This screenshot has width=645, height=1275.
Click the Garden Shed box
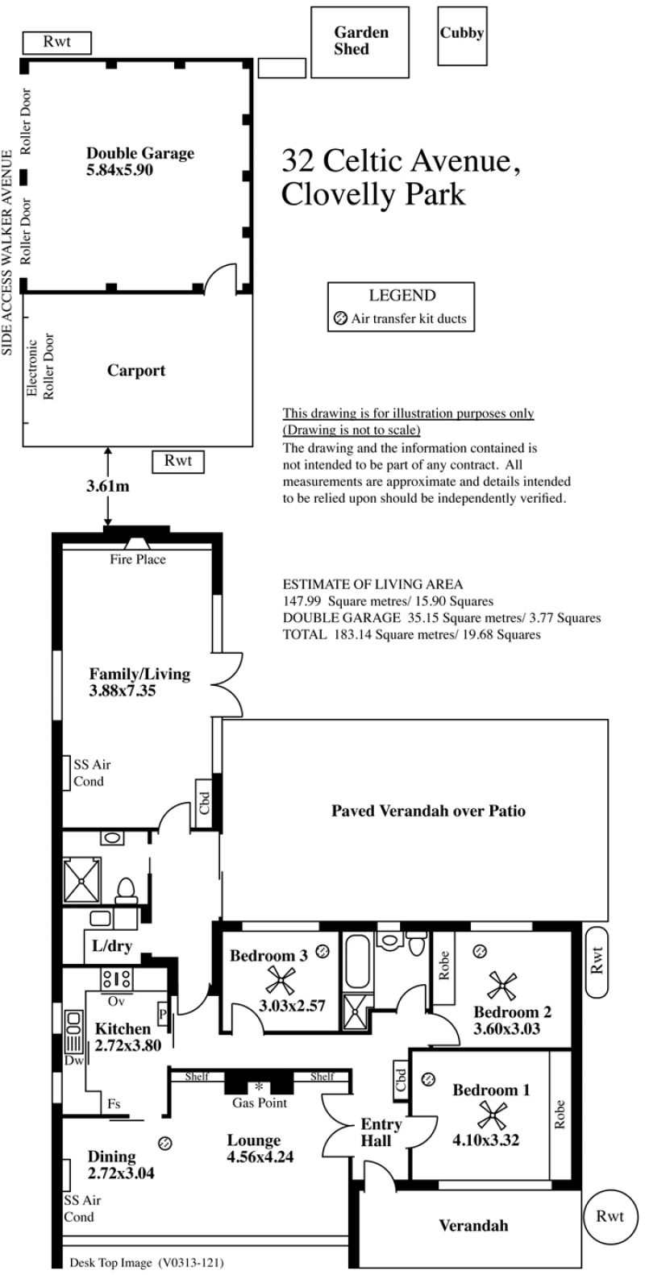click(x=360, y=42)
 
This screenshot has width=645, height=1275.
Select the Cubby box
click(x=462, y=35)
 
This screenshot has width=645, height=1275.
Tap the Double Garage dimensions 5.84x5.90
click(x=119, y=169)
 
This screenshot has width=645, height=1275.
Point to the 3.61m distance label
click(x=107, y=486)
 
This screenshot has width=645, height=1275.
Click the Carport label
click(x=136, y=371)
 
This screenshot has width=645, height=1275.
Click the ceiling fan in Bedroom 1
click(x=493, y=1115)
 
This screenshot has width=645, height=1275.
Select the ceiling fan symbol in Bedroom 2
click(x=502, y=986)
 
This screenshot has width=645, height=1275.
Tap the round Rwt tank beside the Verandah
click(x=610, y=1216)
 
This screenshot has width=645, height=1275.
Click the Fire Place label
click(x=138, y=559)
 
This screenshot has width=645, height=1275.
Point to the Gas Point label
click(x=260, y=1103)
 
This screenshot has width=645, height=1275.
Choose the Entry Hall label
click(x=381, y=1132)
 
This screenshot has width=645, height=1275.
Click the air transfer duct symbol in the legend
click(x=340, y=319)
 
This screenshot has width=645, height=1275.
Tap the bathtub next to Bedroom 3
click(x=357, y=961)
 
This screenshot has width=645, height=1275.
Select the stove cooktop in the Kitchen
click(x=117, y=979)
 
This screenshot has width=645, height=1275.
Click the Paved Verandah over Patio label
click(x=428, y=811)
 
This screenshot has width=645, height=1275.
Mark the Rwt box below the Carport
click(x=178, y=462)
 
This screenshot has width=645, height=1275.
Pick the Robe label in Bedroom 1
click(x=560, y=1114)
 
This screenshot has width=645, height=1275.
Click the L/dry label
click(x=112, y=945)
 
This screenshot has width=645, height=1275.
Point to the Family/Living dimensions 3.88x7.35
click(x=123, y=691)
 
